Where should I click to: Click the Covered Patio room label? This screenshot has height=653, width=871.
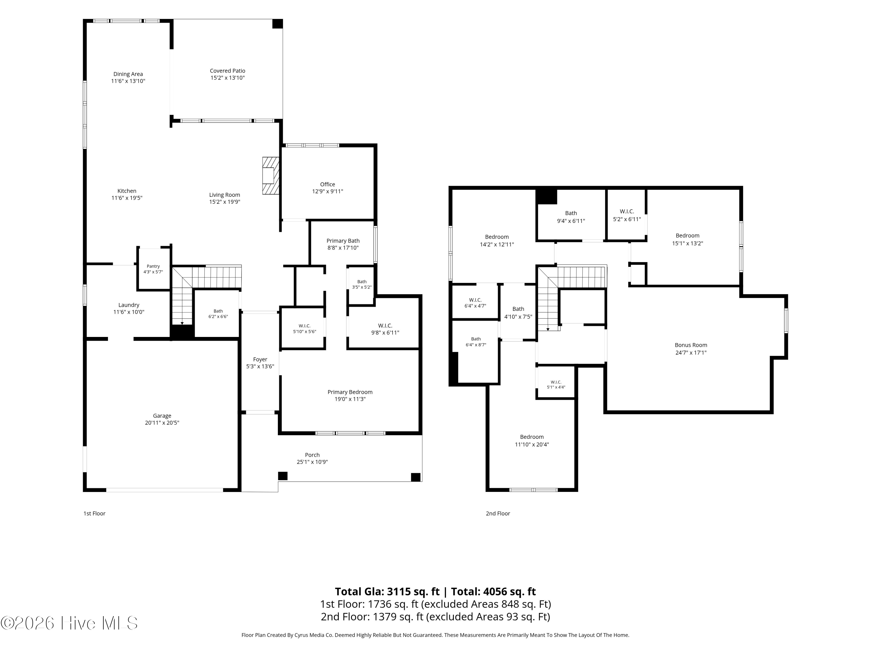click(x=228, y=71)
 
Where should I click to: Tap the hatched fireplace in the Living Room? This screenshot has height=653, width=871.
click(x=271, y=176)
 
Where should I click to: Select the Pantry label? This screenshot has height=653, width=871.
click(x=153, y=266)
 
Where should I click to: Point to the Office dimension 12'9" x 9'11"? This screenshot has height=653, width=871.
click(x=327, y=191)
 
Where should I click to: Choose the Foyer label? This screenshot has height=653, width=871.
click(x=260, y=359)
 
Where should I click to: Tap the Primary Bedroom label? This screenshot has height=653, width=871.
click(x=350, y=392)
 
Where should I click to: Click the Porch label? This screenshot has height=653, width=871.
click(x=312, y=455)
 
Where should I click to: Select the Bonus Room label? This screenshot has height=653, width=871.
click(x=691, y=345)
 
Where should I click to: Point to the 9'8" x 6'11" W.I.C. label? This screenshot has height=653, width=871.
click(x=385, y=326)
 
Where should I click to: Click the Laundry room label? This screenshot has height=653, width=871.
click(x=129, y=305)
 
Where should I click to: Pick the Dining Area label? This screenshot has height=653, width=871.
click(x=128, y=74)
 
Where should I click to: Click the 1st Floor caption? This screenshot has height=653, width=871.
click(x=94, y=513)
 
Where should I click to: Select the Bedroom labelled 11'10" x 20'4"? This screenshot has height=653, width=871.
click(x=532, y=437)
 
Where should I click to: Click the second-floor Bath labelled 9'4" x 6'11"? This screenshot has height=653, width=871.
click(x=571, y=213)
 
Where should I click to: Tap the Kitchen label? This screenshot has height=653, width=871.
click(x=127, y=191)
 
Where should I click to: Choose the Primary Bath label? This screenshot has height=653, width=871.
click(x=343, y=241)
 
